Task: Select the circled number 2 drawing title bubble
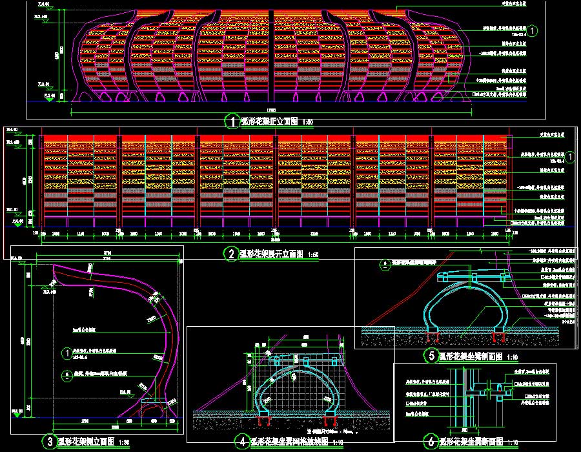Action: tap(232, 254)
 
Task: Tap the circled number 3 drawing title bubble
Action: tap(49, 442)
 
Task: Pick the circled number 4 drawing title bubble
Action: tap(241, 442)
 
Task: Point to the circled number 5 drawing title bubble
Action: tap(431, 355)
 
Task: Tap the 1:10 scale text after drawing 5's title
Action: tap(513, 356)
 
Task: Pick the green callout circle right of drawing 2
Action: tap(571, 157)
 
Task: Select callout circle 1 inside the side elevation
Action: tap(66, 353)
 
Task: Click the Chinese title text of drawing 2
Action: tap(270, 254)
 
